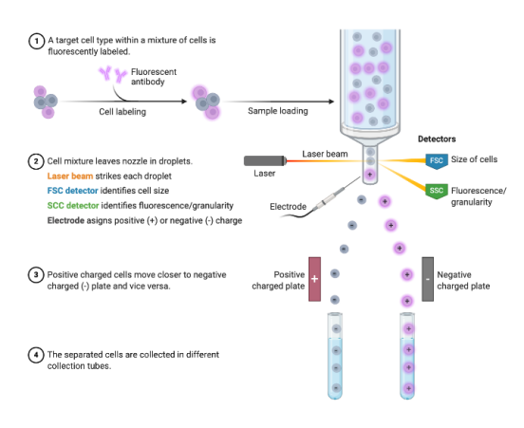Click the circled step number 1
click(36, 41)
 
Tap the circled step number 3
click(36, 275)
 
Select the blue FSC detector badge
click(437, 161)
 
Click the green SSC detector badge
click(437, 191)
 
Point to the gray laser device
click(266, 160)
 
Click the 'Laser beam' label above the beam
click(325, 154)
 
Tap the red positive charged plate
click(314, 279)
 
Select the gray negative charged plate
click(428, 279)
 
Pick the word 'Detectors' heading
click(437, 139)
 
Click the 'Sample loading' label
click(278, 111)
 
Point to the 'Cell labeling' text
click(122, 112)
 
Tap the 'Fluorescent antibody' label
click(154, 77)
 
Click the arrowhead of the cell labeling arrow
click(184, 101)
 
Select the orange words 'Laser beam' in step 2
click(70, 177)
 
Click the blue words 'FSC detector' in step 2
click(72, 191)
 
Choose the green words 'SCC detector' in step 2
click(73, 206)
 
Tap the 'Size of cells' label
click(474, 159)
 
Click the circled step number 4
click(36, 355)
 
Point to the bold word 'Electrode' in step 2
click(65, 220)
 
